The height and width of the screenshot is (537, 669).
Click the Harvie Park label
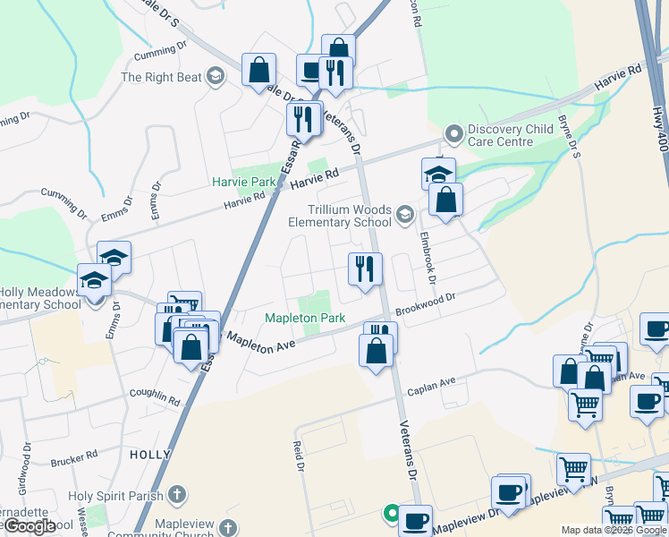[244, 182]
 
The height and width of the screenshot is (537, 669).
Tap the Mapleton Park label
[305, 319]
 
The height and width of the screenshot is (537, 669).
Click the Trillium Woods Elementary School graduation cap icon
[405, 214]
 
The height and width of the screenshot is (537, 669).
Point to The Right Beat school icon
[215, 77]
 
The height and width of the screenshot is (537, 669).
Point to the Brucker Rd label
[74, 460]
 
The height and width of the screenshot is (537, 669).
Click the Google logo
[30, 525]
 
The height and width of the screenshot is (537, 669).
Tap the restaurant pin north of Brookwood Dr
[365, 269]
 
